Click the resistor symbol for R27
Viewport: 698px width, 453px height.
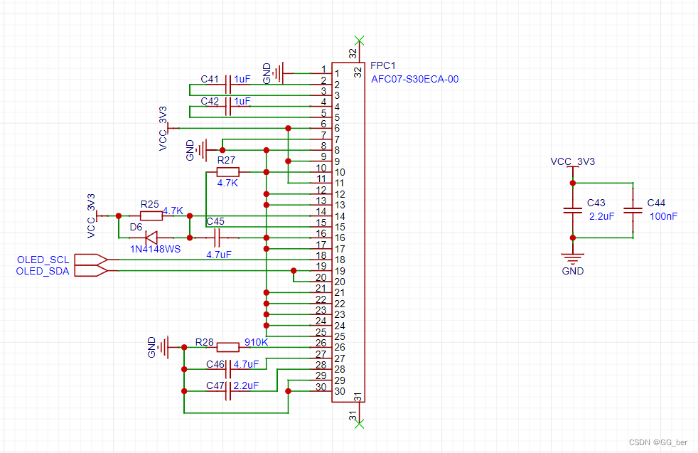click(x=228, y=172)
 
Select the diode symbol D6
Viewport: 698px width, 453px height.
click(x=151, y=238)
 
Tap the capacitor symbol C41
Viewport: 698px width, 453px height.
click(x=229, y=85)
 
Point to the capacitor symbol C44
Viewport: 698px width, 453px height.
click(x=632, y=210)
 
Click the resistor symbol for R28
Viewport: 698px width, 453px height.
click(x=227, y=347)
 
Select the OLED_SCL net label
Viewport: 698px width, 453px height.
click(x=43, y=260)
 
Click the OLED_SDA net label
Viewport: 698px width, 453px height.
click(x=43, y=271)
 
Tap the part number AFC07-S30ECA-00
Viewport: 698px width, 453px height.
click(x=414, y=79)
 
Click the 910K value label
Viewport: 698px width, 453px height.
click(x=256, y=342)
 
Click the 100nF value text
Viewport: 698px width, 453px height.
click(x=662, y=215)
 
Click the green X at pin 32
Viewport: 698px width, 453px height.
click(x=360, y=39)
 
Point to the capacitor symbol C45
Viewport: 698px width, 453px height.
click(x=218, y=238)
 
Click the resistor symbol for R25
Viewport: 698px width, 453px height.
click(x=151, y=215)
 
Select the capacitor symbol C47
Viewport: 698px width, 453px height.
click(x=229, y=391)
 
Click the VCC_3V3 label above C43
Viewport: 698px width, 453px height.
click(x=572, y=161)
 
